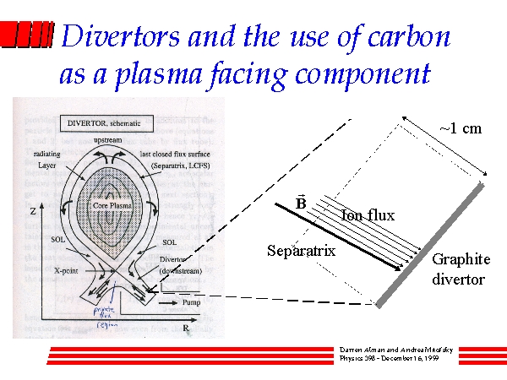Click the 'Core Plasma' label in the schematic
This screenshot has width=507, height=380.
click(x=112, y=204)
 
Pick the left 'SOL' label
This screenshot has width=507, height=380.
click(x=51, y=242)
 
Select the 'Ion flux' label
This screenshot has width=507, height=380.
click(x=368, y=216)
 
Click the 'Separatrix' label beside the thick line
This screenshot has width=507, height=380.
click(x=301, y=251)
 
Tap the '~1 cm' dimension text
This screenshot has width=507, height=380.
click(x=461, y=129)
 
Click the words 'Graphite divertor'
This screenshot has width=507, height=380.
click(x=458, y=269)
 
